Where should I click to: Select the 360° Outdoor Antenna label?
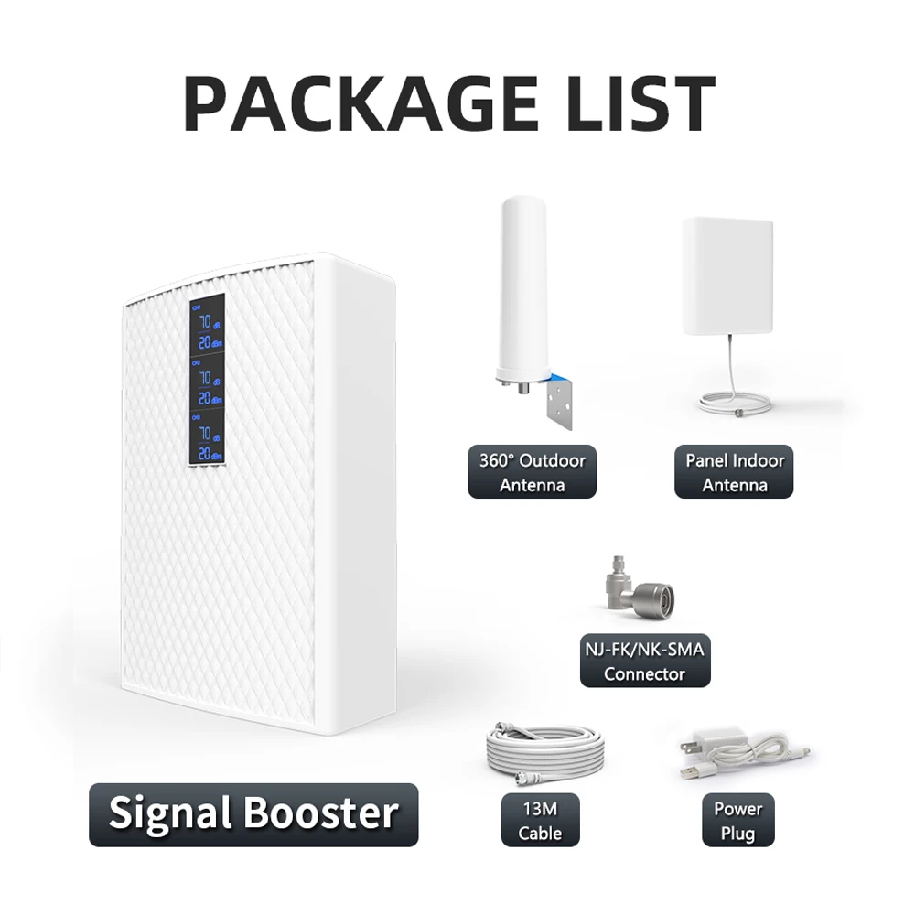(532, 472)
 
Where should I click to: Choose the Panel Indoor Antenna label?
(734, 472)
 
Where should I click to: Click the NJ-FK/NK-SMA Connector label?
(644, 662)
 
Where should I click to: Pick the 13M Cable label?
(539, 820)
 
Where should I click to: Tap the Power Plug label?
(737, 820)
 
